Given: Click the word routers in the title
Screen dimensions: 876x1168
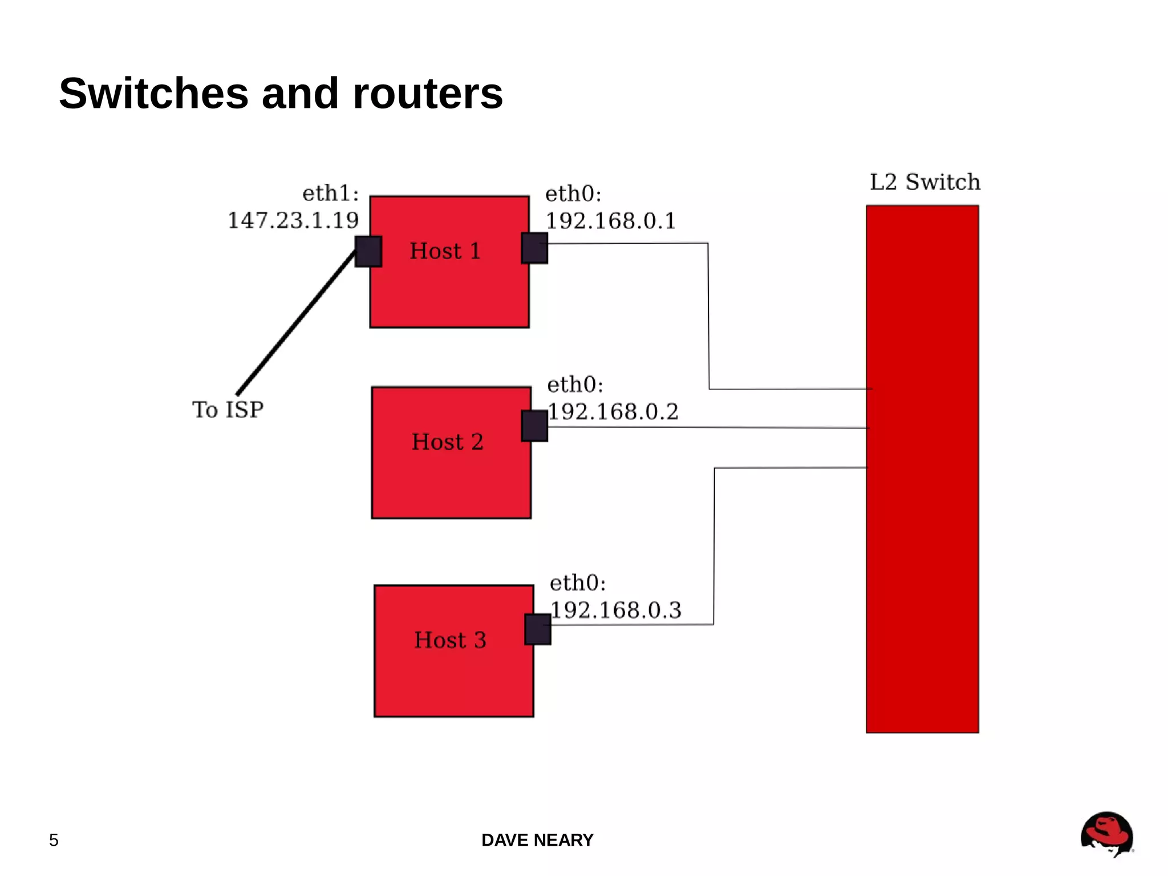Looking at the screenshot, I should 428,94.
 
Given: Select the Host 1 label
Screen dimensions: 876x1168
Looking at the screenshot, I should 445,251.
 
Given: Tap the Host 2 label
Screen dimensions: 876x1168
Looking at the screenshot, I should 448,442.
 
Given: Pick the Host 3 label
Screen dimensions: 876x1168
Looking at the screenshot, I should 450,640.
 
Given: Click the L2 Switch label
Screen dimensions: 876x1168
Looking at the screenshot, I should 924,182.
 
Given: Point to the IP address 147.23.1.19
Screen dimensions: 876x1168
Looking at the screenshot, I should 293,220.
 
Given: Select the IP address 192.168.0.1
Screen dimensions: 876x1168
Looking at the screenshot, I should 611,221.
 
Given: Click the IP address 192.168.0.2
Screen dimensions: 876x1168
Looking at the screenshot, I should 613,411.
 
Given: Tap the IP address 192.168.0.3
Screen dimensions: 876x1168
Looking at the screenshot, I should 616,610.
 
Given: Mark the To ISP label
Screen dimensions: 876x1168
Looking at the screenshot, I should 228,410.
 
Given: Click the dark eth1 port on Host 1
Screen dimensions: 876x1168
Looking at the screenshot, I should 368,251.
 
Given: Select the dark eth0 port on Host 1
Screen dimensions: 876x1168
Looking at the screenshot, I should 535,248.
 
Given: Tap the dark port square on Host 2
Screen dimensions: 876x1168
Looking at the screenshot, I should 535,426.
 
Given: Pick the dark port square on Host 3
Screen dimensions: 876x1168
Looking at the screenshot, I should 538,629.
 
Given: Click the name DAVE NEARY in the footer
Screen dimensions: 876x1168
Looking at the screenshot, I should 537,840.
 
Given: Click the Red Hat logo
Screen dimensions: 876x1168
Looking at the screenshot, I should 1106,834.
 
